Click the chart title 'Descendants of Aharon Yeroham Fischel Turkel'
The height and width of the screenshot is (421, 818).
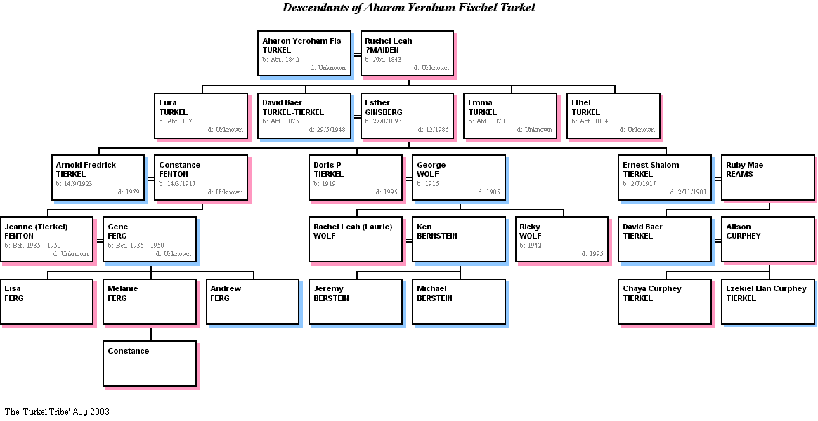[x=408, y=8]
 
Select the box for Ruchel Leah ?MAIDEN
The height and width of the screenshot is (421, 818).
[x=407, y=53]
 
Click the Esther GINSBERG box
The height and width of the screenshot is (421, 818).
[x=407, y=116]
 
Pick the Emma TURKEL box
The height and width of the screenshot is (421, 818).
[x=510, y=116]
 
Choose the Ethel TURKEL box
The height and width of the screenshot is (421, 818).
[x=613, y=116]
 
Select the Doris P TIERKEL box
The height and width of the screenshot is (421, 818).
[x=356, y=178]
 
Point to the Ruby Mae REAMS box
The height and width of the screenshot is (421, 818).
[x=768, y=178]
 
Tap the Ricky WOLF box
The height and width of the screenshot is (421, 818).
[x=561, y=239]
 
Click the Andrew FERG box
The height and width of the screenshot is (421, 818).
[x=252, y=302]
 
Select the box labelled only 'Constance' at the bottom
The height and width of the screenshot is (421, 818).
[x=150, y=363]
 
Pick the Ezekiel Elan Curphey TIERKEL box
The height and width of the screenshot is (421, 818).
[x=768, y=302]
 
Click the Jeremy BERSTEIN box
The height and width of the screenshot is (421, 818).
[x=356, y=302]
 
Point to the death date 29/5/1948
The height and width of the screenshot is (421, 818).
[x=327, y=130]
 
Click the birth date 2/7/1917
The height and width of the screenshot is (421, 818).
[x=640, y=184]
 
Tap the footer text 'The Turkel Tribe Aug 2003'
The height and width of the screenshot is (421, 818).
[x=57, y=412]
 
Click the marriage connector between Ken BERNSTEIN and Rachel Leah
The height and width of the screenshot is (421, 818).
[x=408, y=240]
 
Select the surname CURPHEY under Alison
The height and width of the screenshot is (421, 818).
[x=744, y=236]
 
